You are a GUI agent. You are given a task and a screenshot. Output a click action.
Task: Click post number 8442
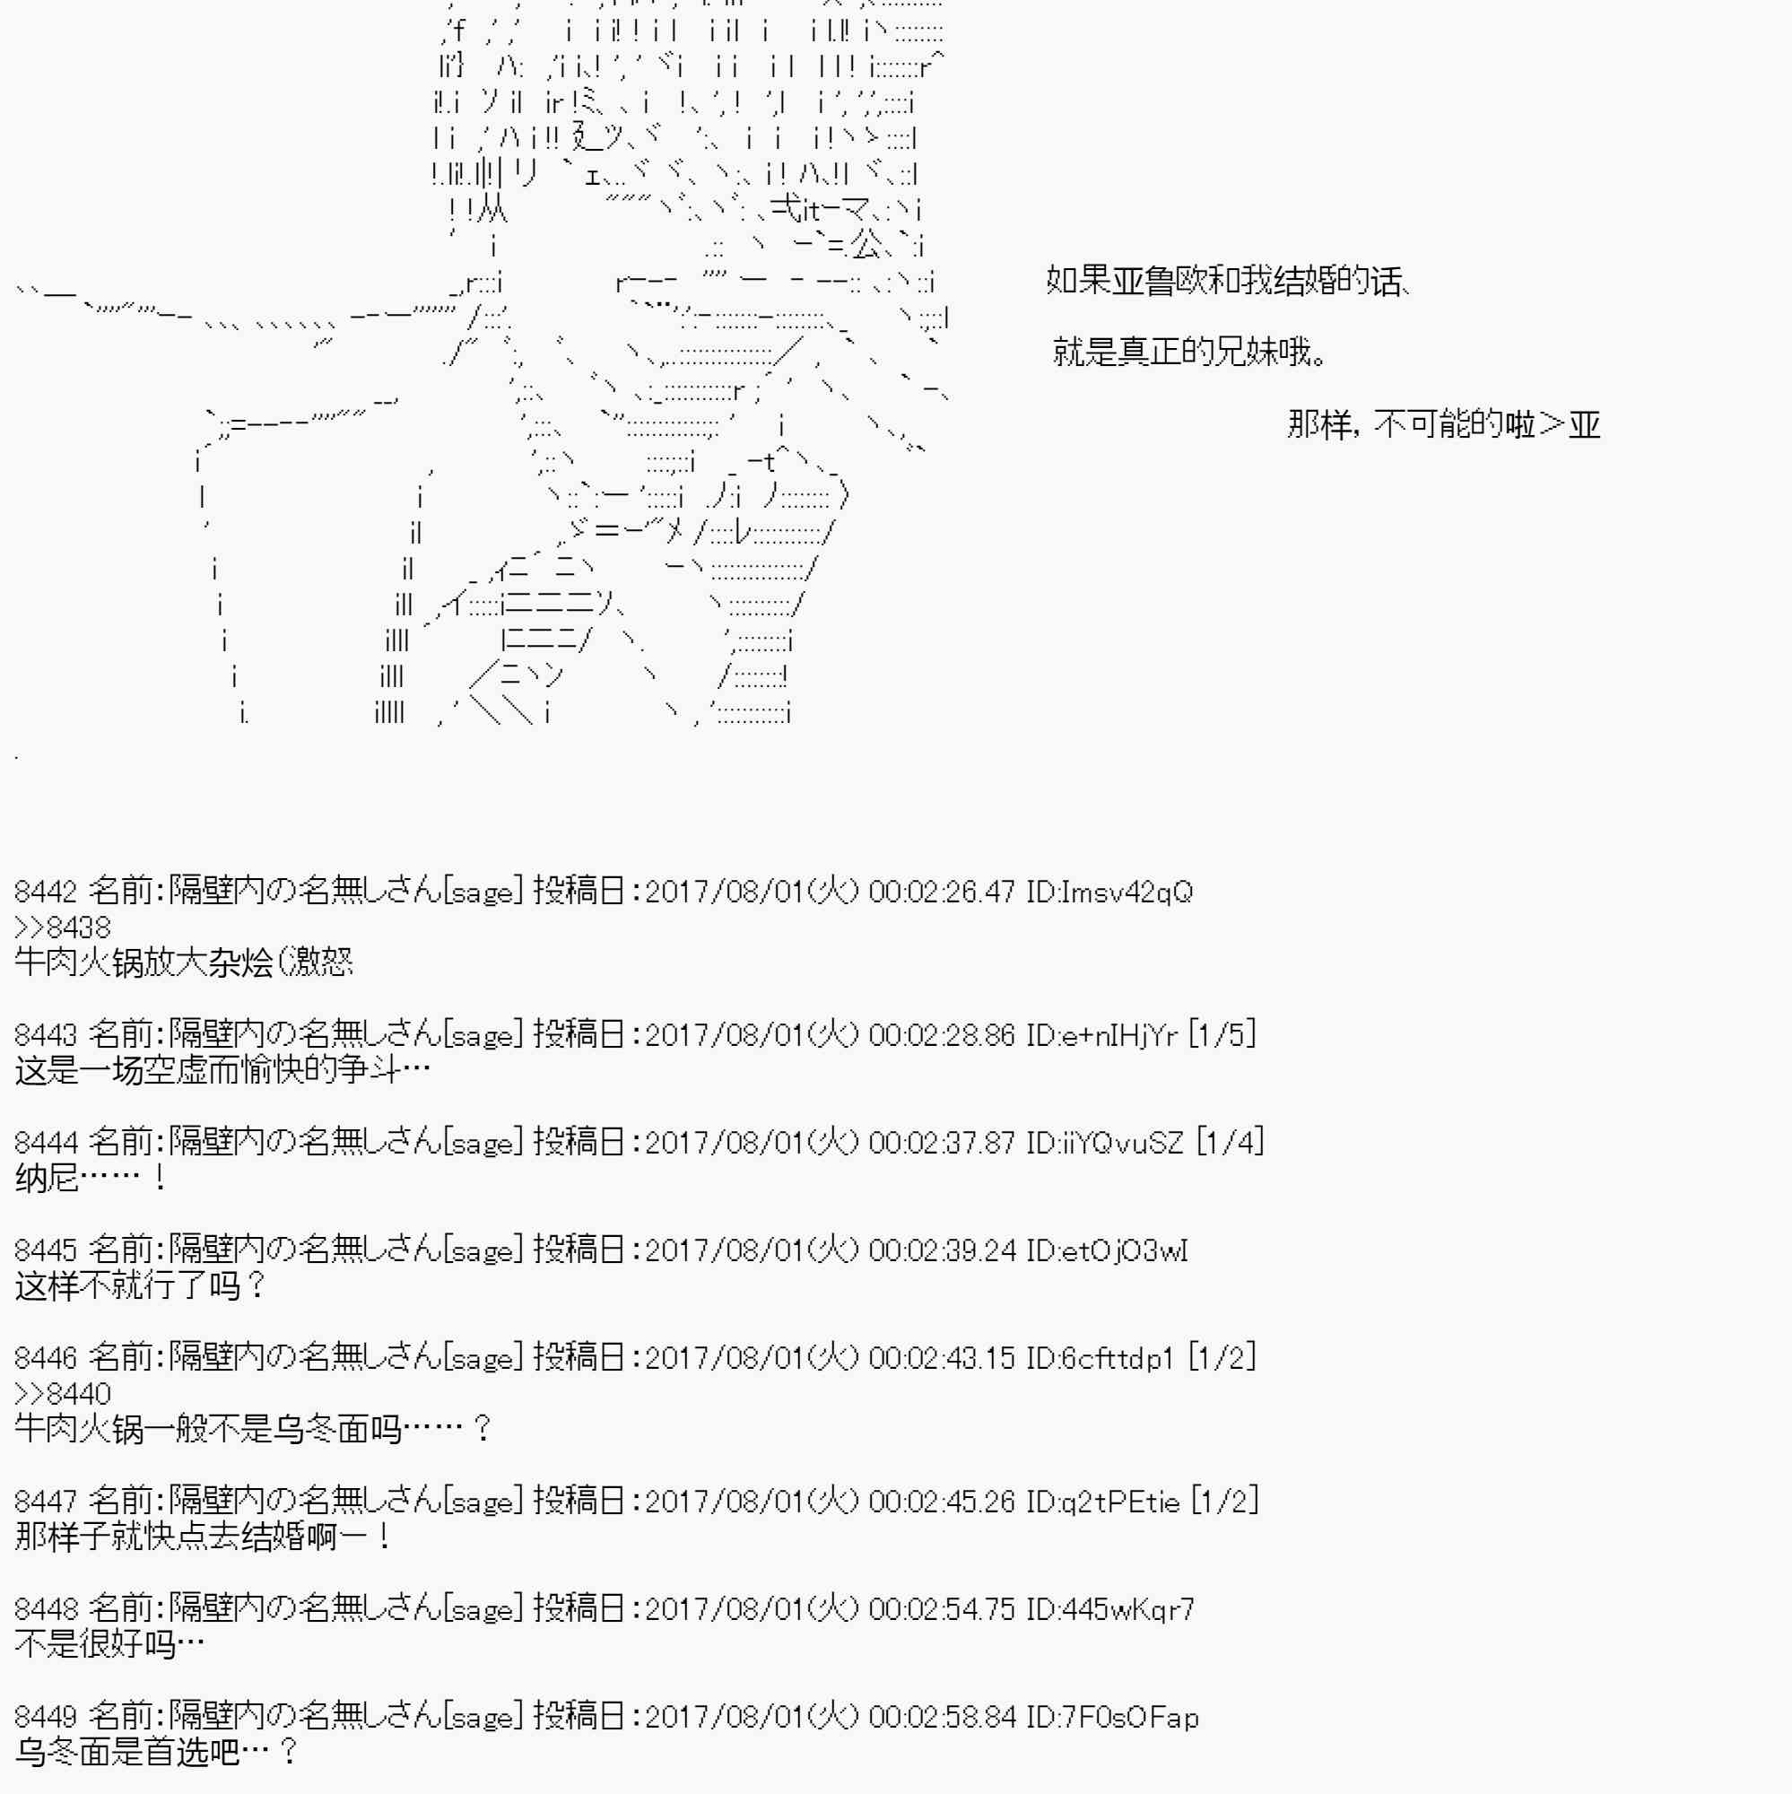[x=46, y=892]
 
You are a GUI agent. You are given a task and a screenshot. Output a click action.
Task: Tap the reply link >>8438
[x=62, y=927]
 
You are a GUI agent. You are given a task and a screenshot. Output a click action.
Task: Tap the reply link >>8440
[x=62, y=1393]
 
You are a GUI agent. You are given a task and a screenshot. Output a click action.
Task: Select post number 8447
[x=46, y=1502]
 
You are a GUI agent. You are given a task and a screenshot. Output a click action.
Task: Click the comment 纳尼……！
[x=91, y=1179]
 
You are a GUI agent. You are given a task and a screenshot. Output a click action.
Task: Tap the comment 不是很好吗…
[x=109, y=1645]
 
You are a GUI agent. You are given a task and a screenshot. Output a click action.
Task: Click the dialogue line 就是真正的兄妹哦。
[x=1190, y=352]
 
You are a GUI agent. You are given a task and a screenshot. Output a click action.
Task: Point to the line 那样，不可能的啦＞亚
[x=1444, y=424]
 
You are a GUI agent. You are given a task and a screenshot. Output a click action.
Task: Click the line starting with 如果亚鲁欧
[x=1231, y=280]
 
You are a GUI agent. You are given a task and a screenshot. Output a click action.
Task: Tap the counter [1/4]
[x=1230, y=1141]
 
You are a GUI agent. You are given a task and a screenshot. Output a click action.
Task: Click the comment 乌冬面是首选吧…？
[x=156, y=1753]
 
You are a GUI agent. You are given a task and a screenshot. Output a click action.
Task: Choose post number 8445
[x=46, y=1250]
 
